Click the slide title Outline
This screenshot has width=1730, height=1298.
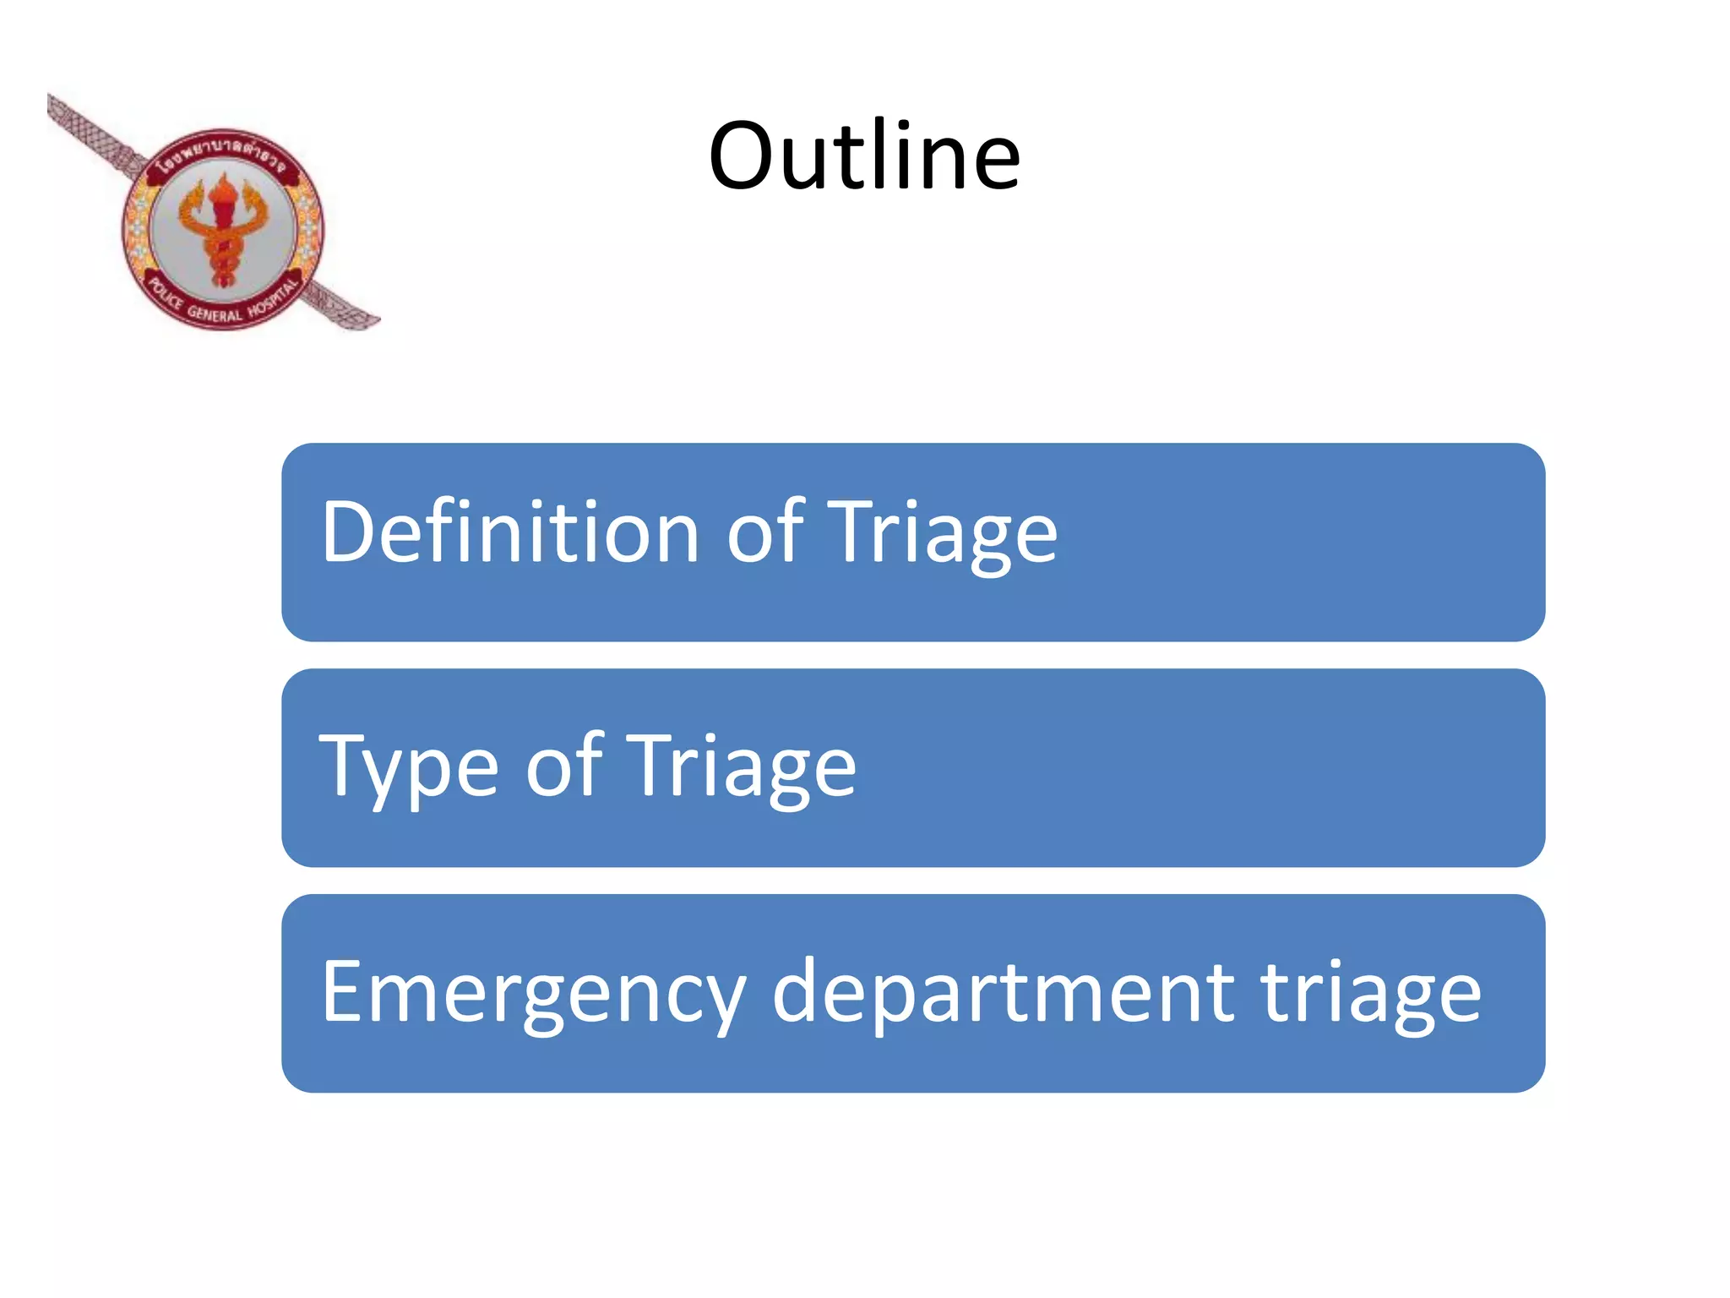point(864,156)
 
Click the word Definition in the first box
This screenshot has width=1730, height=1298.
point(510,532)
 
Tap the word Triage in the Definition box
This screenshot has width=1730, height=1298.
point(941,532)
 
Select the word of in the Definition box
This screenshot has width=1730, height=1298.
point(764,532)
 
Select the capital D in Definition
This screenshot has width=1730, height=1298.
point(348,532)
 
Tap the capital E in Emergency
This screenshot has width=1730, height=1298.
point(343,991)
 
